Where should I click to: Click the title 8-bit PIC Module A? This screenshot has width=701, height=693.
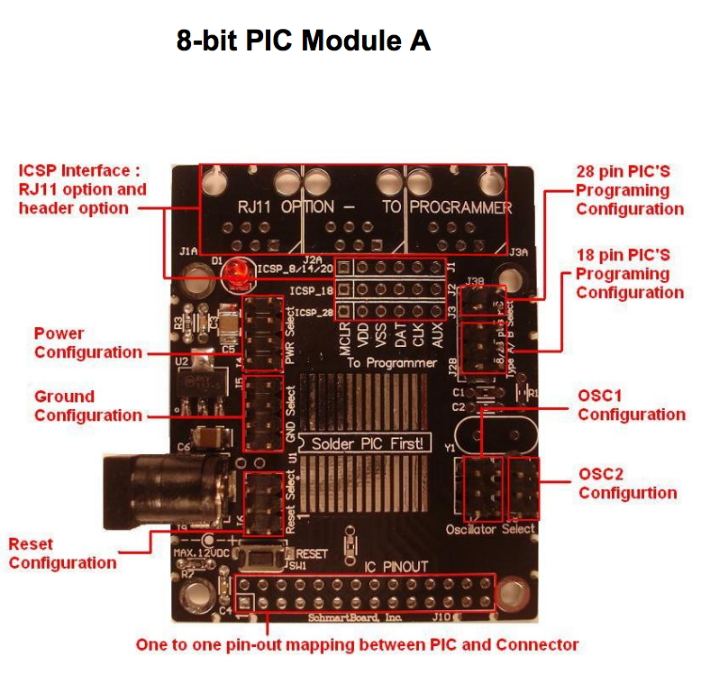click(304, 41)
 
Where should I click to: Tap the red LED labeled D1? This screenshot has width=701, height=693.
click(238, 270)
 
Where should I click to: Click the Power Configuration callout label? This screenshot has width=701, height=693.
click(88, 343)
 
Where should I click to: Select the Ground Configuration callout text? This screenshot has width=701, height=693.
click(88, 406)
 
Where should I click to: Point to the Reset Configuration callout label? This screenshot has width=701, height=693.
click(62, 553)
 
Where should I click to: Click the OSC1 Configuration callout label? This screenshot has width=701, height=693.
click(631, 405)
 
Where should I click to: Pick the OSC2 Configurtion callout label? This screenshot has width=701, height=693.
click(627, 483)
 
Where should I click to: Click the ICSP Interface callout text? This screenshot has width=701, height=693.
click(82, 189)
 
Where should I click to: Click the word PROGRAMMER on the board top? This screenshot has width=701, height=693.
click(461, 207)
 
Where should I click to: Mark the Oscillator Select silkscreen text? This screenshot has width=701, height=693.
click(490, 529)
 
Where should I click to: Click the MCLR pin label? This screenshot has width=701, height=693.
click(344, 338)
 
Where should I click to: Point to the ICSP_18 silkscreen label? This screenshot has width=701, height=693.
click(312, 291)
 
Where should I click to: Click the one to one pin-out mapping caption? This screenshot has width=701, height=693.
click(357, 644)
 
